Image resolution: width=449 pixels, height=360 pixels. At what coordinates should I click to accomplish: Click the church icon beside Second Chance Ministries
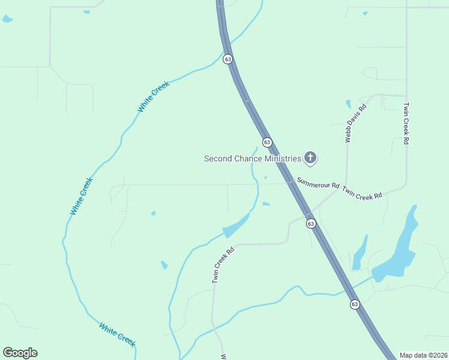tap(310, 158)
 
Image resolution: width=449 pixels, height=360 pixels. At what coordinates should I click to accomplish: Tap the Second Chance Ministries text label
tap(252, 158)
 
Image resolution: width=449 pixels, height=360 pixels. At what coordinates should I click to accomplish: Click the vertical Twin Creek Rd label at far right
tap(406, 124)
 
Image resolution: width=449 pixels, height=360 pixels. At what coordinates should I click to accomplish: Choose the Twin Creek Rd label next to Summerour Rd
tap(362, 193)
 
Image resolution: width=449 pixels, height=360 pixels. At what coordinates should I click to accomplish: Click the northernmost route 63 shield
tap(228, 59)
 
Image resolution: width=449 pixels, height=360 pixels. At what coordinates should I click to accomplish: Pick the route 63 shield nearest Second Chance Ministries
tap(267, 142)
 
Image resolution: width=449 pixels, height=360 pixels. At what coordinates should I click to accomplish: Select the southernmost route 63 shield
tap(355, 304)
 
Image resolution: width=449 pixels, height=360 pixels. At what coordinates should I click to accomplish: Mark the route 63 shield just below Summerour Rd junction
tap(310, 223)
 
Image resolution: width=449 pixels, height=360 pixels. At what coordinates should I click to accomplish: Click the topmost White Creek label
tap(154, 96)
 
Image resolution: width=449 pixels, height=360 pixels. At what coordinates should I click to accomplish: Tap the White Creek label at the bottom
tap(117, 334)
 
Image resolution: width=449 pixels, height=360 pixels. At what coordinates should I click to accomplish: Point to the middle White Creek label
tap(82, 196)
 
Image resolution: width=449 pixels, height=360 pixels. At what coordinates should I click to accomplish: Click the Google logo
tap(20, 353)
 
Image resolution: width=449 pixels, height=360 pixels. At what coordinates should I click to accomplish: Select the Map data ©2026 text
tap(423, 355)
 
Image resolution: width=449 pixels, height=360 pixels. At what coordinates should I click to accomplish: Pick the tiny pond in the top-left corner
tap(7, 19)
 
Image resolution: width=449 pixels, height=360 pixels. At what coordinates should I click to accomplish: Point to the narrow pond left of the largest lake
tap(360, 253)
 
